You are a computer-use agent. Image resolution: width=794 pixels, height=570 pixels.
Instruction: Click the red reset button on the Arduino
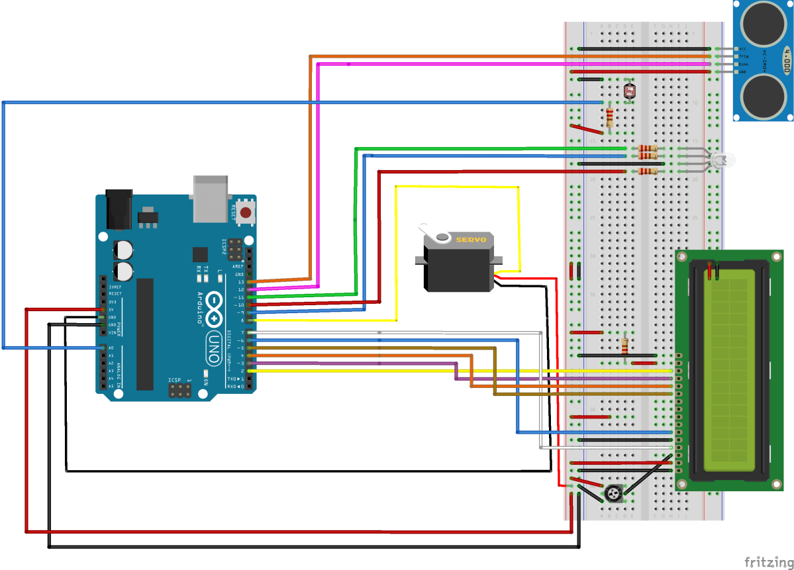[x=246, y=213]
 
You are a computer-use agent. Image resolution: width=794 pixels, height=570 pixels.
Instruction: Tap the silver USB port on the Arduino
[x=211, y=198]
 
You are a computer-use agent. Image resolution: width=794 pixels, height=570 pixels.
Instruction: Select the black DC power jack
[x=120, y=207]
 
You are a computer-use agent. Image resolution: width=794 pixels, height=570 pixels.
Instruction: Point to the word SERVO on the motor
[x=471, y=239]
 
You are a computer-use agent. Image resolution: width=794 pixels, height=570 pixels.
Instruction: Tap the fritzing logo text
[x=768, y=561]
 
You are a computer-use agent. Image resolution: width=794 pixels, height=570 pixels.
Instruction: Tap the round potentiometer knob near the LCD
[x=613, y=493]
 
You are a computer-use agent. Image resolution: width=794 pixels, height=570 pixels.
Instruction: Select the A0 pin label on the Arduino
[x=111, y=348]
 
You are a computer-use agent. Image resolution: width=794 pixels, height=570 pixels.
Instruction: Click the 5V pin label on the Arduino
[x=111, y=309]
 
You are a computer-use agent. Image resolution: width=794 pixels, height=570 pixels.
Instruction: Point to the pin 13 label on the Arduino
[x=240, y=282]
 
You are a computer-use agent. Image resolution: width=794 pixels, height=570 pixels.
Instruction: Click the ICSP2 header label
[x=224, y=248]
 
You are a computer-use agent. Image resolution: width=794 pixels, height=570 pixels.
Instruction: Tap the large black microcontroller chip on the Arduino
[x=144, y=334]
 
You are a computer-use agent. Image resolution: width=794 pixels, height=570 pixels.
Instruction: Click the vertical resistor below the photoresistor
[x=610, y=118]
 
